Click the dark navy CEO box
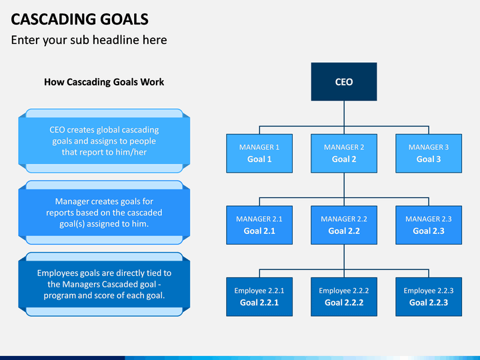(344, 82)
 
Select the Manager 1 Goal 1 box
(259, 153)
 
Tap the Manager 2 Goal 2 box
(344, 153)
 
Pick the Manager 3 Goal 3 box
(429, 153)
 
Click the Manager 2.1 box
(259, 225)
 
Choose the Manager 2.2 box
(344, 225)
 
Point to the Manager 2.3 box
(429, 225)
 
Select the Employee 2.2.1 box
(259, 297)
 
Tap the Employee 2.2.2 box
(344, 297)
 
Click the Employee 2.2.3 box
(429, 297)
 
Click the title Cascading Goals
(79, 19)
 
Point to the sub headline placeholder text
(89, 40)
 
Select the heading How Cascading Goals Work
(104, 82)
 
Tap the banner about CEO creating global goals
(104, 141)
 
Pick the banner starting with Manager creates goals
(104, 213)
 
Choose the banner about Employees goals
(104, 284)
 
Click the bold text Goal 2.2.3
(429, 303)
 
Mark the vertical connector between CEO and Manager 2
(344, 117)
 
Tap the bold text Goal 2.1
(259, 231)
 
